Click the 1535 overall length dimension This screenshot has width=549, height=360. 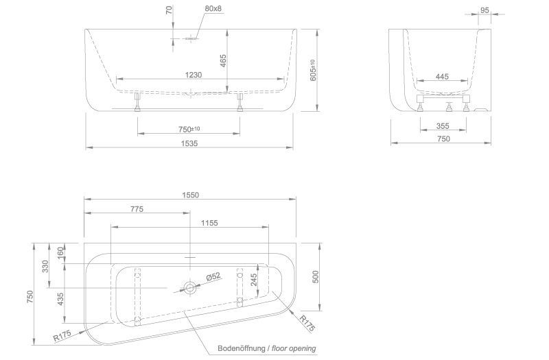tap(189, 143)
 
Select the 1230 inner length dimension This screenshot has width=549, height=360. tap(194, 75)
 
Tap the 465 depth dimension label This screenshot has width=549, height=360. tap(223, 60)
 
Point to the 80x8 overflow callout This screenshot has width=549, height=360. tap(213, 8)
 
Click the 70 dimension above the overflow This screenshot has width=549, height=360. tap(170, 10)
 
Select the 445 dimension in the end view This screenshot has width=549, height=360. tap(442, 76)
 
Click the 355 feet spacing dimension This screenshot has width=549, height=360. tap(443, 126)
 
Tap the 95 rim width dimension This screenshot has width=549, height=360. tap(484, 10)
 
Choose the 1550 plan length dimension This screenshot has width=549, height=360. tap(190, 195)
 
